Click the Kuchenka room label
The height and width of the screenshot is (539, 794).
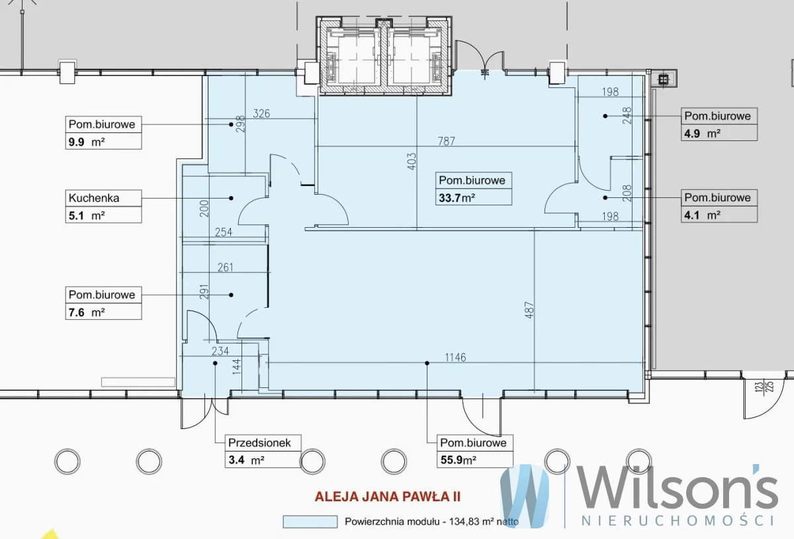coord(94,198)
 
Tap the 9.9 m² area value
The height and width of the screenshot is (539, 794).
coord(87,142)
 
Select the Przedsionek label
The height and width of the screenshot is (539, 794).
coord(259,443)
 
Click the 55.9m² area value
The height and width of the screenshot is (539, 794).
coord(458,460)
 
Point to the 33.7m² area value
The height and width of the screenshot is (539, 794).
coord(457,197)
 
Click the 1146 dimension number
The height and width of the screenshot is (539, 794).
coord(455,358)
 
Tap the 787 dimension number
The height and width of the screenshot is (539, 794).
coord(446,141)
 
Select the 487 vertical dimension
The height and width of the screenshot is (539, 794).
coord(529,310)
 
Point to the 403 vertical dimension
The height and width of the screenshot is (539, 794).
coord(412,162)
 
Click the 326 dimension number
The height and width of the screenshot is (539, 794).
coord(261,113)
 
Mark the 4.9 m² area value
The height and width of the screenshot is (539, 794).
coord(702,134)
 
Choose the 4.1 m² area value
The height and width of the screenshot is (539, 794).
coord(702,215)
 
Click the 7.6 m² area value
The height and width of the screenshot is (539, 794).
coord(87,313)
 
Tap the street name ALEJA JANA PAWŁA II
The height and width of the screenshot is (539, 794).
coord(388,497)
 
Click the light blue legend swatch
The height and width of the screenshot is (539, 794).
coord(310,522)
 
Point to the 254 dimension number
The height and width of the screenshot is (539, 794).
coord(224,232)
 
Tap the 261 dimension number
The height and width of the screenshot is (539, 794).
coord(225,268)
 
